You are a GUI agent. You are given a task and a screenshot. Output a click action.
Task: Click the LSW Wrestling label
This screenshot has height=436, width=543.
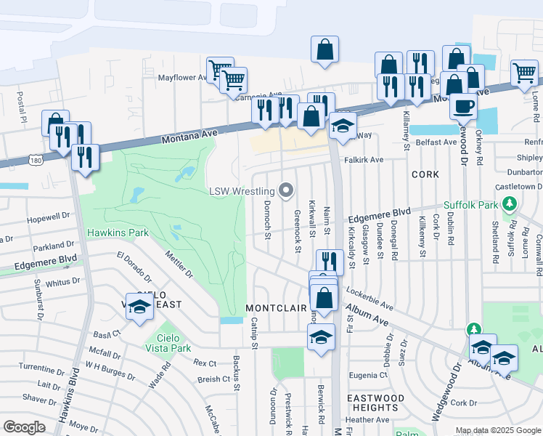(242, 192)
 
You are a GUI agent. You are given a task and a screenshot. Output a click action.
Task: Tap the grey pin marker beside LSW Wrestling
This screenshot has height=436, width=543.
(286, 191)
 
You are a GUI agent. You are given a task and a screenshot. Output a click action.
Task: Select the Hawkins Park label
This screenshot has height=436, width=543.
(118, 233)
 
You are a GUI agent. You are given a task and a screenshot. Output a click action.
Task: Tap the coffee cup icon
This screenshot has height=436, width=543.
(462, 106)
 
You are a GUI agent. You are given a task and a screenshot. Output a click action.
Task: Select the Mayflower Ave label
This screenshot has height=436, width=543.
(183, 77)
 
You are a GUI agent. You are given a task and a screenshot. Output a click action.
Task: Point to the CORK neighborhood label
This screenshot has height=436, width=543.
(425, 174)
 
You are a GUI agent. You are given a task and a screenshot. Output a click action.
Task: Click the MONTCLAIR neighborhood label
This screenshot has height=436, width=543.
(277, 308)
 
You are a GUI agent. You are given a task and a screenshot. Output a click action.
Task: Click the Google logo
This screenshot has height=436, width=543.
(24, 427)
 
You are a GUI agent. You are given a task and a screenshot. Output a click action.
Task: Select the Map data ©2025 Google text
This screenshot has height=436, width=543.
(498, 430)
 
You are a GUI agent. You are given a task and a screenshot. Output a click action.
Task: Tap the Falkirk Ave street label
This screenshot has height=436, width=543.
(364, 160)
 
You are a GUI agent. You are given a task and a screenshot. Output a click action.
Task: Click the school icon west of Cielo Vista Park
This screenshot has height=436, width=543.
(139, 307)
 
